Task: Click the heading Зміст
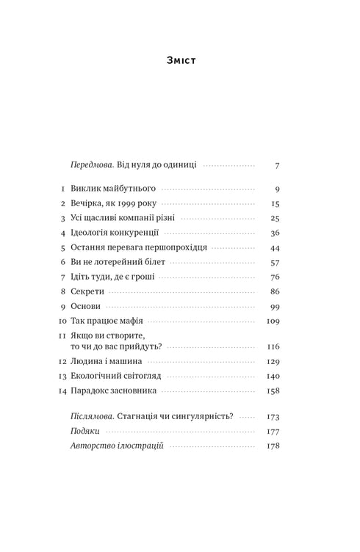[180, 60]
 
